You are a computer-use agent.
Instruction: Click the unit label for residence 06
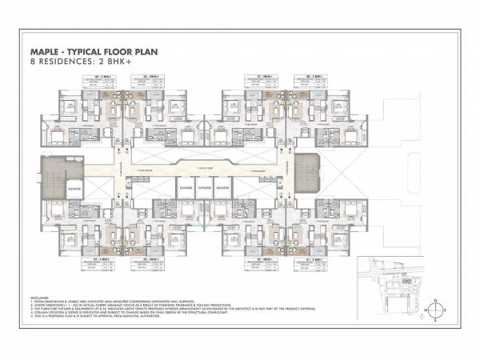pos(150,76)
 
